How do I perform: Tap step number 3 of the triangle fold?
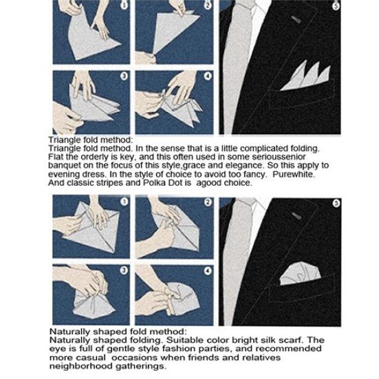[x=124, y=76]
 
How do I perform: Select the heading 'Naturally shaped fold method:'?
[x=102, y=332]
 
